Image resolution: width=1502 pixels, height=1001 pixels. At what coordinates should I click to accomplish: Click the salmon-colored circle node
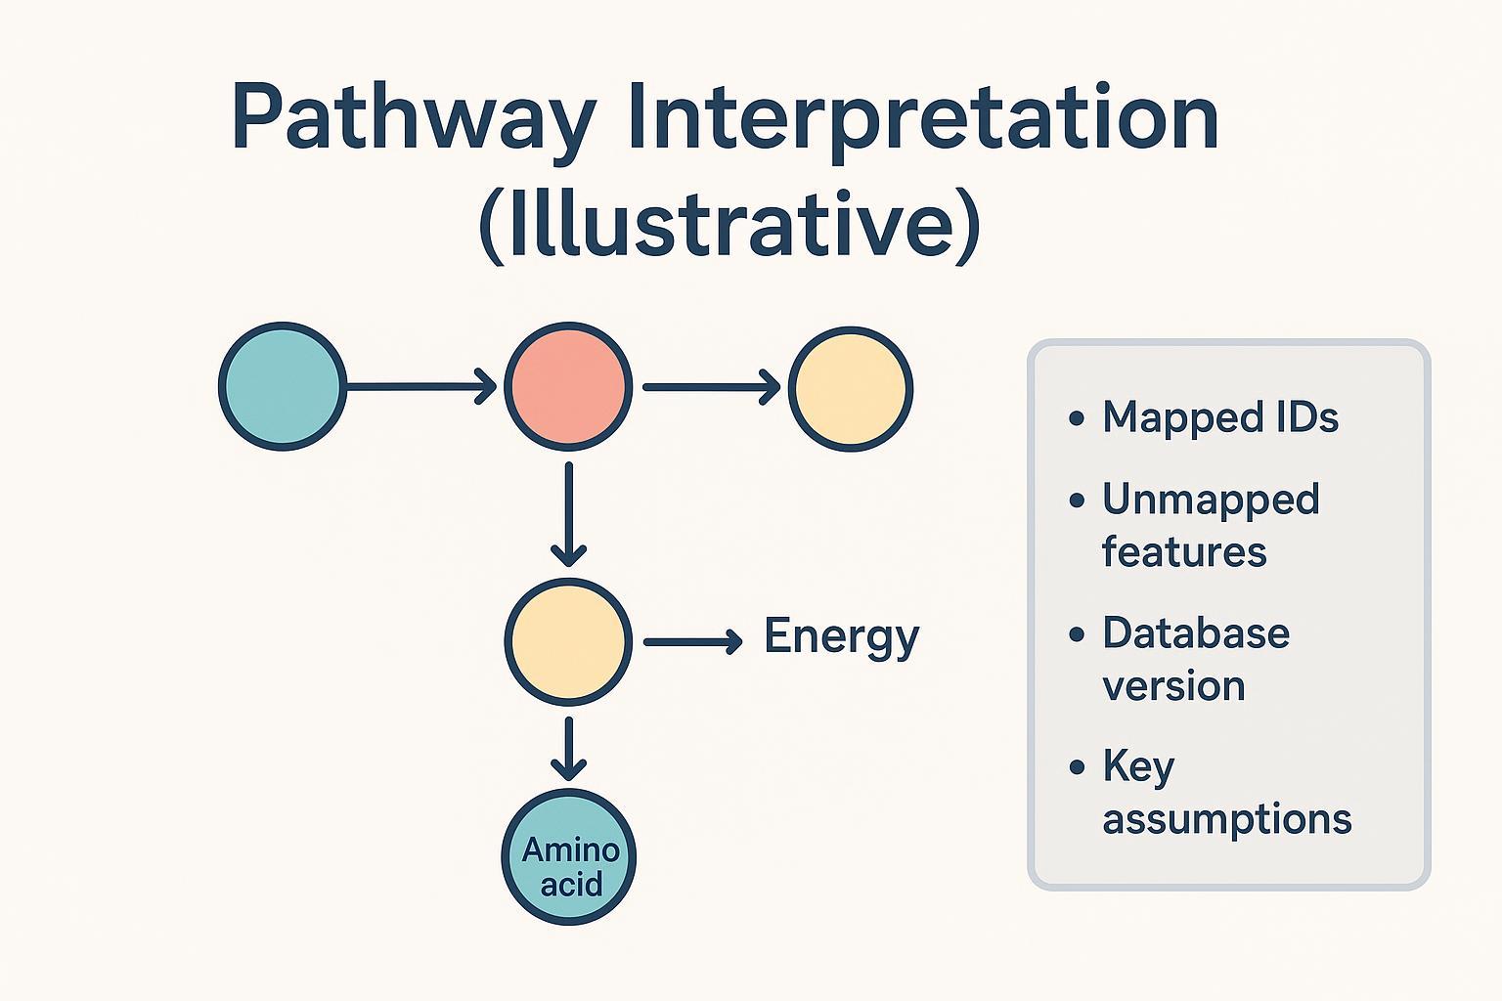coord(567,386)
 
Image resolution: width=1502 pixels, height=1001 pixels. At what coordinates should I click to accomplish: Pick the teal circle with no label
coord(283,386)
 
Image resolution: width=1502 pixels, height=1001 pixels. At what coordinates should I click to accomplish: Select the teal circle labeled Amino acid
coord(569,856)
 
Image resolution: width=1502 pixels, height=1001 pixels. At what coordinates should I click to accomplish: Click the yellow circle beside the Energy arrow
coord(567,641)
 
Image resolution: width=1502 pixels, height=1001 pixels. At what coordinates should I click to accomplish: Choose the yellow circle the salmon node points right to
coord(850,388)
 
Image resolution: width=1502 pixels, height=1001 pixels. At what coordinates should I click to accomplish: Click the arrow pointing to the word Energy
coord(692,641)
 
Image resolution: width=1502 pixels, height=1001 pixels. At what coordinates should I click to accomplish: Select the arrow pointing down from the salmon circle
coord(568,514)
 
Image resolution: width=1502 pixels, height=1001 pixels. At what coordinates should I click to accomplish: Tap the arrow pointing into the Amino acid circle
coord(568,749)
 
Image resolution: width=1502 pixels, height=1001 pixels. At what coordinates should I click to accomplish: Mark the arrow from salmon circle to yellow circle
coord(710,387)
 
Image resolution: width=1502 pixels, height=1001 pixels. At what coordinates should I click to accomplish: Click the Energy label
coord(841,637)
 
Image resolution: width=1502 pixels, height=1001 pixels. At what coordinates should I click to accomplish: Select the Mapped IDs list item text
coord(1219,417)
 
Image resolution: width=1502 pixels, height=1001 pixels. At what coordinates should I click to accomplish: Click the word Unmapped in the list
coord(1211,500)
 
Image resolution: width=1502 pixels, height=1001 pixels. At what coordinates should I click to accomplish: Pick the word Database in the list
coord(1196,633)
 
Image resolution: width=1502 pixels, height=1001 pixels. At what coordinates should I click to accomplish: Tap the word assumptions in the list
coord(1226,818)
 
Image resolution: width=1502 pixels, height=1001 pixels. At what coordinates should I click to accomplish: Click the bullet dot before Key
coord(1077,766)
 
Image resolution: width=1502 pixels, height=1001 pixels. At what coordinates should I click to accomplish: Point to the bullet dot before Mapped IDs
coord(1077,418)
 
